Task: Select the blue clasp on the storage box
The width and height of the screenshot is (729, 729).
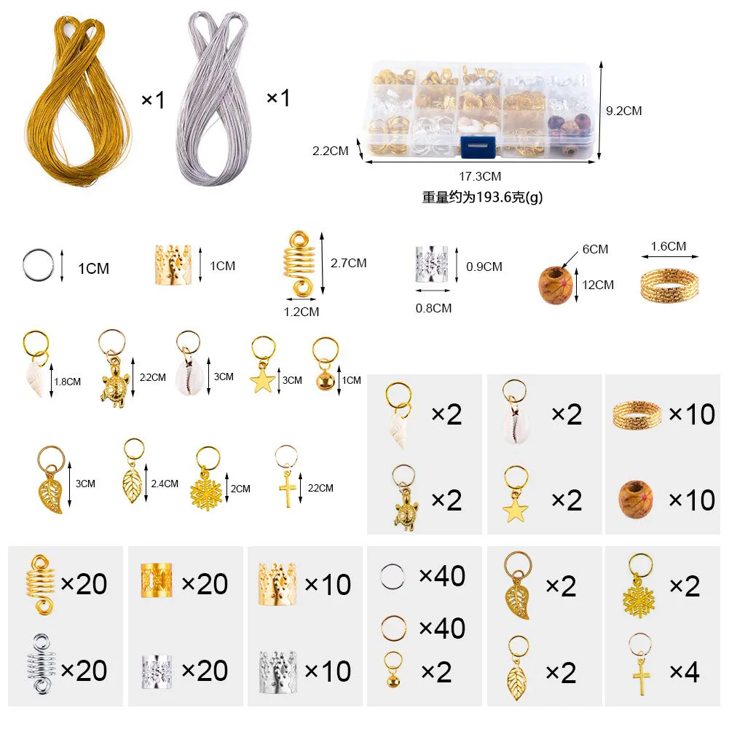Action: [x=478, y=146]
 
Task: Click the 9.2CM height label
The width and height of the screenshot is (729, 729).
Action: [x=624, y=111]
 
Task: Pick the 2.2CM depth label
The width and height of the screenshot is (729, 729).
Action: [x=330, y=151]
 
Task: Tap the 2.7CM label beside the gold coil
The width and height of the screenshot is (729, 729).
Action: [x=347, y=263]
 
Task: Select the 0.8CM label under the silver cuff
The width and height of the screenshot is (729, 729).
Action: [x=433, y=308]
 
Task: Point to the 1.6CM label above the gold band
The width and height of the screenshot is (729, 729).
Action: [x=668, y=247]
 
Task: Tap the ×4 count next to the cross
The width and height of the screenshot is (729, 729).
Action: [x=682, y=671]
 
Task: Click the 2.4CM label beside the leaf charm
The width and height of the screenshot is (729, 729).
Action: [x=164, y=484]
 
